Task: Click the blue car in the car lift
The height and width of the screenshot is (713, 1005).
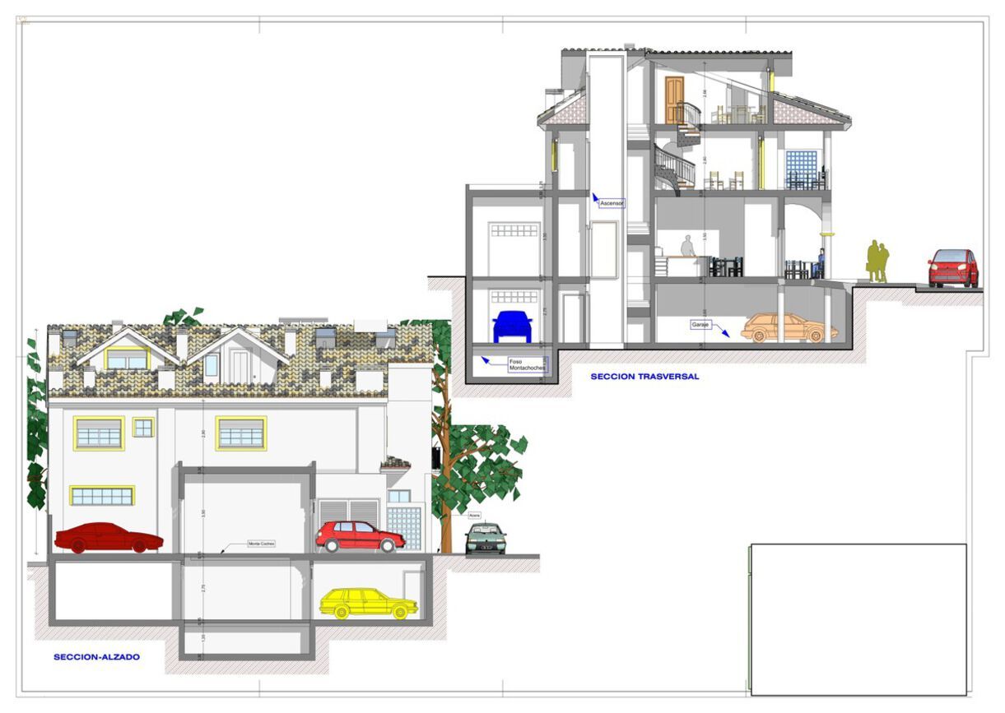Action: pos(512,326)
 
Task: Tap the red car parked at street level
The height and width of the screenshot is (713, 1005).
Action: pos(953,268)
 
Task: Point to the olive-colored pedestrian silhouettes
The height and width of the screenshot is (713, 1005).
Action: pos(877,262)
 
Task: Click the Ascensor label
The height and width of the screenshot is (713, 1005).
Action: pos(612,202)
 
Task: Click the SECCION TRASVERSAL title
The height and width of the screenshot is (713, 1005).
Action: pos(644,377)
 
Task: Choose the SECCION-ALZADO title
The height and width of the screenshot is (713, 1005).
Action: pos(96,657)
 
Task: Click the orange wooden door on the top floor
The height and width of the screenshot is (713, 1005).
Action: pos(674,100)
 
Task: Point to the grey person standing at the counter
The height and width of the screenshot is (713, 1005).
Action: pos(687,246)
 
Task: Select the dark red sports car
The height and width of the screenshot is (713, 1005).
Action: pos(108,538)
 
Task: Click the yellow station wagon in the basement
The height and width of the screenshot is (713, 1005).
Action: pos(368,604)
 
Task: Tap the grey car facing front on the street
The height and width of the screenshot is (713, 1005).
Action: pos(485,539)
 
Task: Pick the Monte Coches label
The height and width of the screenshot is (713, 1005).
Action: pos(262,544)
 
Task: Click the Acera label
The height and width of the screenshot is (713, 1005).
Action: pos(474,516)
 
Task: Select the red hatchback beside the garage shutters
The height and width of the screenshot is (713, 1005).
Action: pos(360,536)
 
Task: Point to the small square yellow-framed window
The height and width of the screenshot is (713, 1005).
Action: pos(143,428)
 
